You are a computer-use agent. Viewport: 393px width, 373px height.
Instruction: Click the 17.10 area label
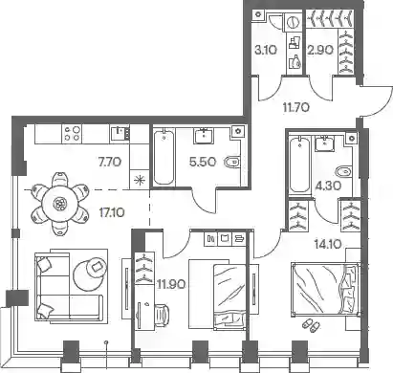112,212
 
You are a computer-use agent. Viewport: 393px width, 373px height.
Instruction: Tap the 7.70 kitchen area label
110,163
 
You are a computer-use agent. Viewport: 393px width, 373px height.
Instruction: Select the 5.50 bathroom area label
203,162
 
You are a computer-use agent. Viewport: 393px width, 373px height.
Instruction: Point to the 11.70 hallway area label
296,108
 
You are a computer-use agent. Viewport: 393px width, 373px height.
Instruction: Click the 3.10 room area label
266,50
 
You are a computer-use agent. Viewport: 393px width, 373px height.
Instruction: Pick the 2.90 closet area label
320,50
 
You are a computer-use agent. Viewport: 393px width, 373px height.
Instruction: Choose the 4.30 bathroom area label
328,186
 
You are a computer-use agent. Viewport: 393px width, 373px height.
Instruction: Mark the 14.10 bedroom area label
328,245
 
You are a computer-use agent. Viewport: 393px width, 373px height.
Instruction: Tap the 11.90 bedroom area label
171,284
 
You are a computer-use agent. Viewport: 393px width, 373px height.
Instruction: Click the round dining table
59,203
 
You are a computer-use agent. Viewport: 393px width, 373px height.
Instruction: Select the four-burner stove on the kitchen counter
73,133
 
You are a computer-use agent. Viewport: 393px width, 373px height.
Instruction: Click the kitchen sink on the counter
120,133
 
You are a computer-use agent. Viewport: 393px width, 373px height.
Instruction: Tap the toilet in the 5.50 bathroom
233,163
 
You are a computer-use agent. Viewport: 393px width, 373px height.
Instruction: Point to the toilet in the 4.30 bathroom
343,172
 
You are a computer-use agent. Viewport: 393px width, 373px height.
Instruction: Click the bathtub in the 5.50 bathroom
164,157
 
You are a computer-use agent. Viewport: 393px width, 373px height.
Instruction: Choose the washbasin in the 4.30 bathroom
324,143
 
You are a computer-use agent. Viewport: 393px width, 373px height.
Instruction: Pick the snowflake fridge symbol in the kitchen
140,181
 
